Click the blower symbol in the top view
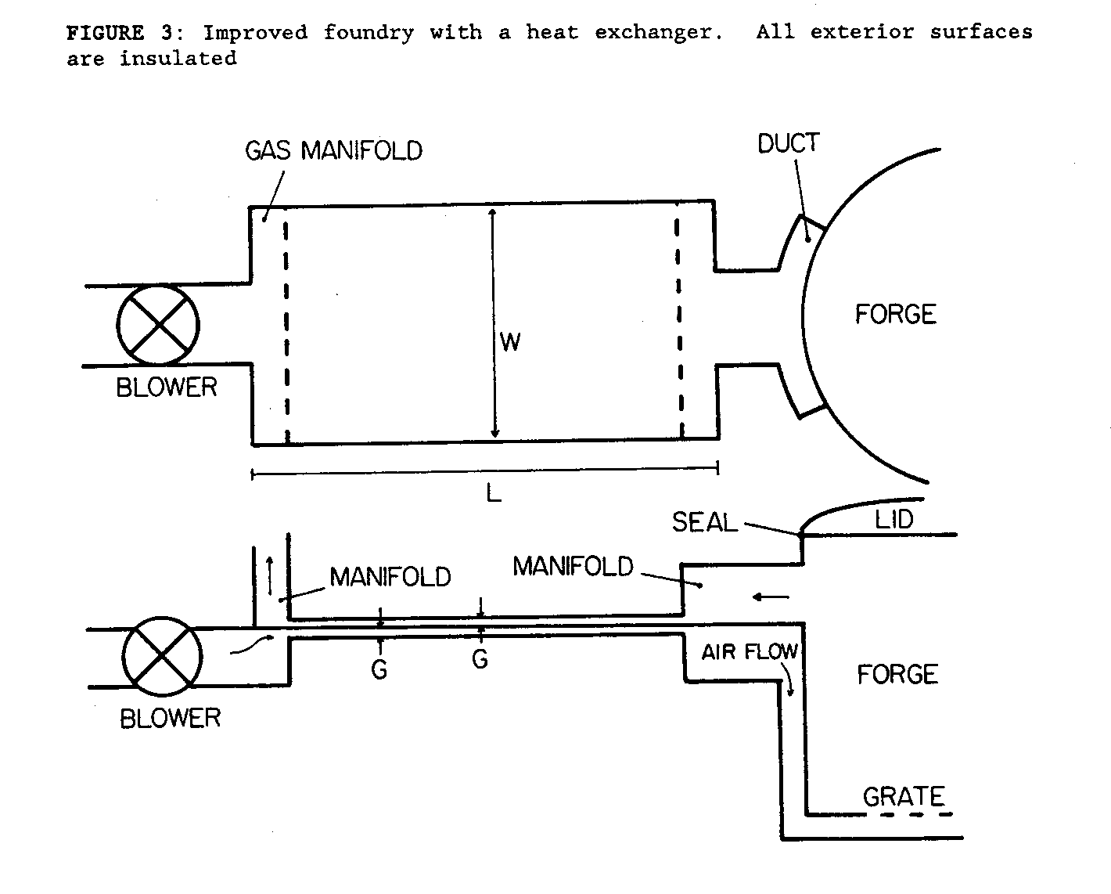(158, 324)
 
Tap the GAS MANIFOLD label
(333, 150)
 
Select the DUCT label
(788, 143)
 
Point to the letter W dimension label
(509, 342)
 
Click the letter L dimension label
(493, 493)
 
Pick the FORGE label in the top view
(895, 314)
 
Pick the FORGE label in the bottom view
(897, 674)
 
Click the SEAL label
(704, 522)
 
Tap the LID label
(894, 519)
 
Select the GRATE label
(903, 797)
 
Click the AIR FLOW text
(749, 652)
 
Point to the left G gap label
(379, 669)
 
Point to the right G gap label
(480, 660)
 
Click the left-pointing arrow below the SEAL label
(770, 597)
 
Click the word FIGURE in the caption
(104, 33)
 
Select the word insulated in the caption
(178, 59)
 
